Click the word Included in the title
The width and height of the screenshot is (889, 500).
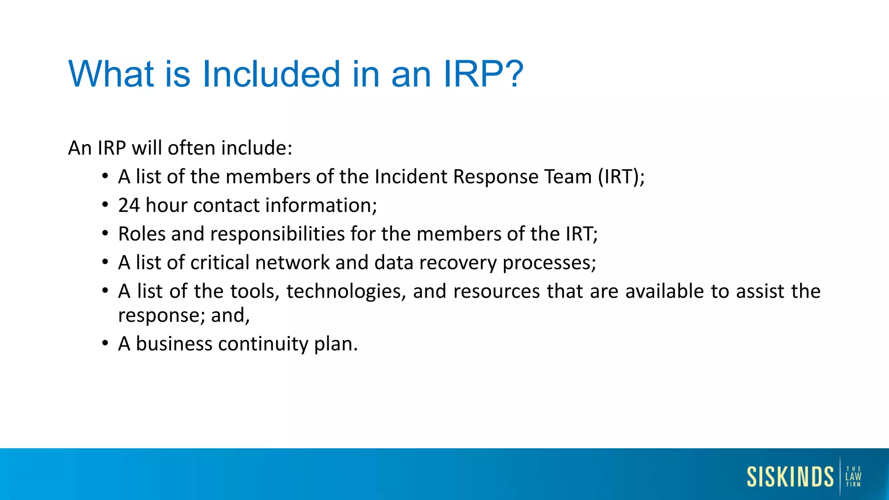271,74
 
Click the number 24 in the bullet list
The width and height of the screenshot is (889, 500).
129,205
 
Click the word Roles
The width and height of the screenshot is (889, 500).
142,234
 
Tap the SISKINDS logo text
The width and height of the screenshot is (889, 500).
790,477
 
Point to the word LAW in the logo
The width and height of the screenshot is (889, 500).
853,477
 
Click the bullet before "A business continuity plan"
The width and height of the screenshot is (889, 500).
105,343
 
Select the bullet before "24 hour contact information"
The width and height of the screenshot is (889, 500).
105,205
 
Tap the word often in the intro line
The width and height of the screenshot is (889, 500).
191,148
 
